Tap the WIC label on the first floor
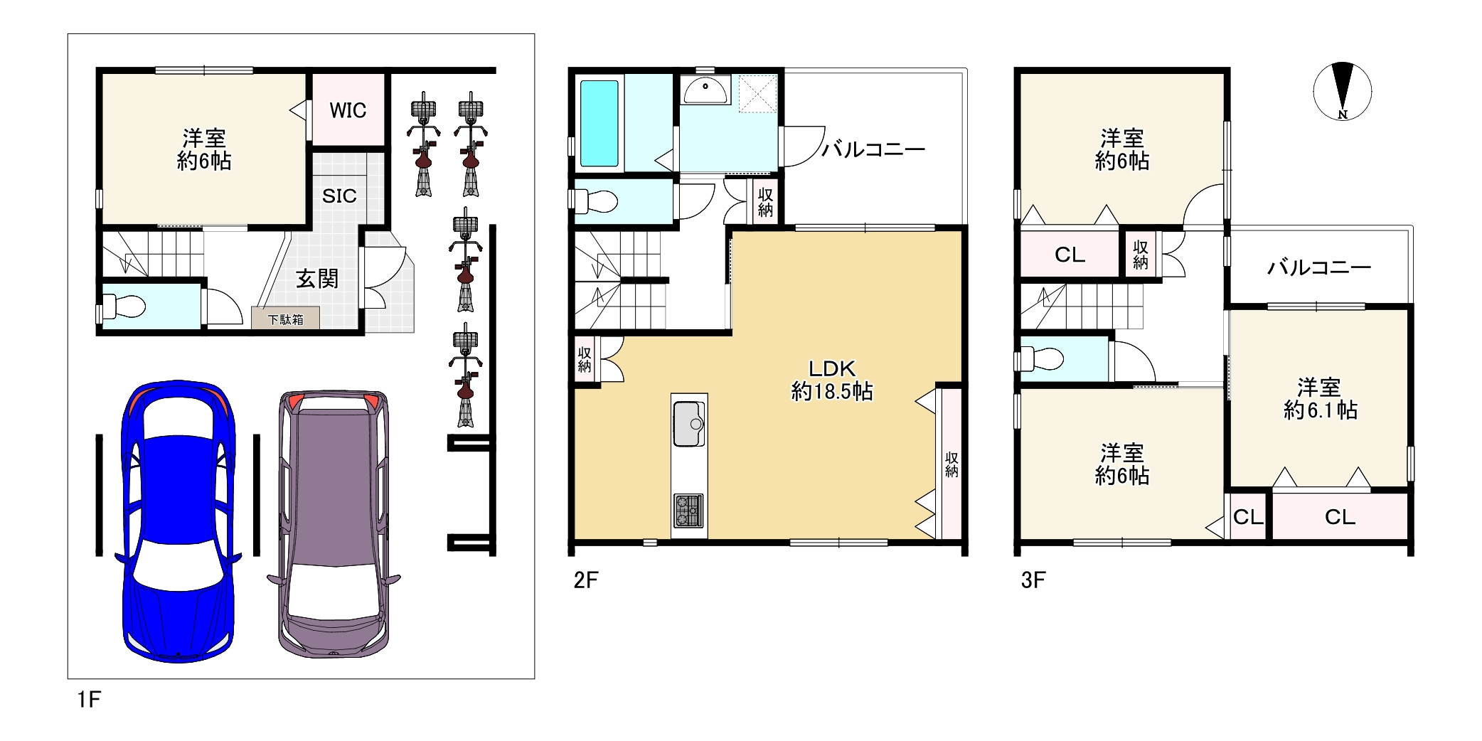pyautogui.click(x=348, y=110)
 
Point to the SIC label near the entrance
pyautogui.click(x=339, y=196)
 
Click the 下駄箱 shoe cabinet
pyautogui.click(x=285, y=319)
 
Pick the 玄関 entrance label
pyautogui.click(x=317, y=279)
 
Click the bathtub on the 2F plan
pyautogui.click(x=599, y=123)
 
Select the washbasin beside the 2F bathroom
pyautogui.click(x=705, y=90)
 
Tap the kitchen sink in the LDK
pyautogui.click(x=689, y=424)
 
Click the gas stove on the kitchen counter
pyautogui.click(x=688, y=511)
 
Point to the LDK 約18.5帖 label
pyautogui.click(x=832, y=380)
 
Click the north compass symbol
pyautogui.click(x=1342, y=92)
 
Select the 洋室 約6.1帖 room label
pyautogui.click(x=1320, y=399)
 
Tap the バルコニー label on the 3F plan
pyautogui.click(x=1319, y=267)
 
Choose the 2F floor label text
pyautogui.click(x=586, y=580)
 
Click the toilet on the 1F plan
pyautogui.click(x=122, y=307)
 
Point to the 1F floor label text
pyautogui.click(x=90, y=700)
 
